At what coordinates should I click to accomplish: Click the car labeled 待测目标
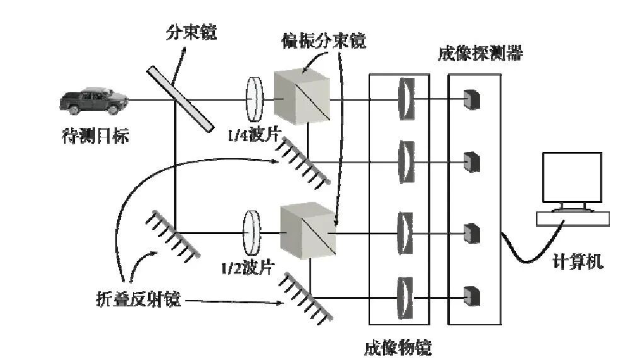(x=94, y=101)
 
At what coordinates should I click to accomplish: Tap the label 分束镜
(x=192, y=32)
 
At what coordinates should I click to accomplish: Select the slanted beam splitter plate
(x=180, y=98)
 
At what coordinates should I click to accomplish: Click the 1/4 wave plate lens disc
(x=255, y=99)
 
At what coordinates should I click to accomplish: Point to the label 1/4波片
(x=255, y=134)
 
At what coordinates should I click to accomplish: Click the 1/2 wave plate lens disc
(x=251, y=233)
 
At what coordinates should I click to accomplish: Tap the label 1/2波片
(x=248, y=267)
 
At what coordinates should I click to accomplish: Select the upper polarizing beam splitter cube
(x=302, y=96)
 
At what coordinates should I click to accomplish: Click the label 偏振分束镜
(x=324, y=41)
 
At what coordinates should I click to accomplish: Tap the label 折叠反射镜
(x=139, y=299)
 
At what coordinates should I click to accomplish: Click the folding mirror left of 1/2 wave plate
(x=172, y=235)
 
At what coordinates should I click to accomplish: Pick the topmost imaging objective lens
(x=406, y=98)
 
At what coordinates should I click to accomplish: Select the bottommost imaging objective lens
(x=406, y=298)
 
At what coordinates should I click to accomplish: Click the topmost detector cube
(x=472, y=99)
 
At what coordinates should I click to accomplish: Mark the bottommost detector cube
(x=472, y=296)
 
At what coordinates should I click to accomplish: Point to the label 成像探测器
(x=480, y=53)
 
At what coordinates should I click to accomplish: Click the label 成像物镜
(x=398, y=347)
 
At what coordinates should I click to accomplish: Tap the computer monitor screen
(x=571, y=177)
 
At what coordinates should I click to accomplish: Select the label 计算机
(x=578, y=262)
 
